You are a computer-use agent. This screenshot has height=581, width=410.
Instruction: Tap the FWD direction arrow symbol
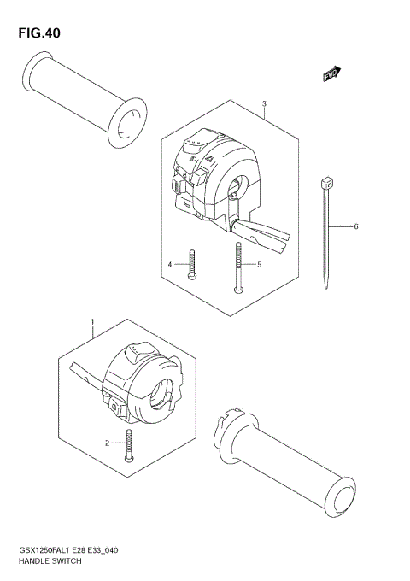(332, 75)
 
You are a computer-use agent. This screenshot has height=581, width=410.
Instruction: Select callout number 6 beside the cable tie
(354, 226)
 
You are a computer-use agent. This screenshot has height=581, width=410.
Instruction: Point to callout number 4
(170, 266)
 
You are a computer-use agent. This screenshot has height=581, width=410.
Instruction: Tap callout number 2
(108, 443)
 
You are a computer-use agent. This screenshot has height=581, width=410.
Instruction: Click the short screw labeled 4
(194, 264)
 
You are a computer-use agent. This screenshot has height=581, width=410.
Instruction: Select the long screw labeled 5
(238, 267)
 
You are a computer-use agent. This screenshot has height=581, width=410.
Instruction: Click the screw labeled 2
(129, 444)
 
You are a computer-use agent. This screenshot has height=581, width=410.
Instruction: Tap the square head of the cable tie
(325, 183)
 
